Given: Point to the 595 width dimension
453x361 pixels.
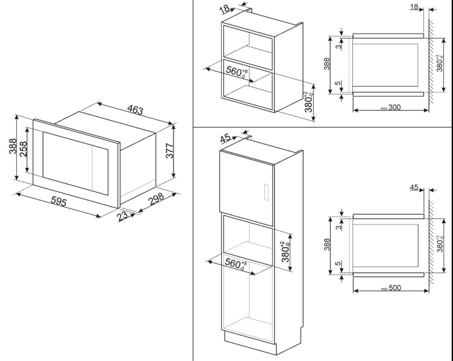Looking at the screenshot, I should click(x=59, y=202).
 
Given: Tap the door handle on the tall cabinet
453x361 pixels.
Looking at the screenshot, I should click(x=265, y=192).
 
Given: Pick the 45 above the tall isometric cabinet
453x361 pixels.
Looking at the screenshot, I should click(x=225, y=139).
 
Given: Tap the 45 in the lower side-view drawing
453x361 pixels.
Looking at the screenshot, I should click(x=414, y=187).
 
